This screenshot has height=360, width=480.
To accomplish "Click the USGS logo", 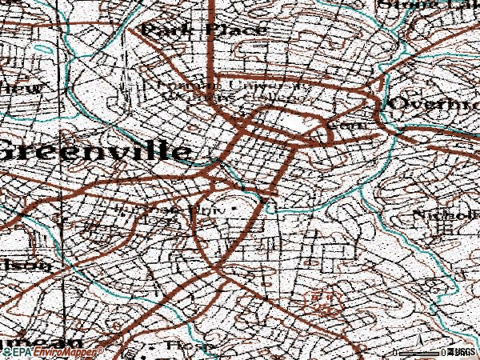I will pyautogui.click(x=462, y=351).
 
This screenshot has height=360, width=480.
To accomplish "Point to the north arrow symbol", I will pyautogui.click(x=421, y=345).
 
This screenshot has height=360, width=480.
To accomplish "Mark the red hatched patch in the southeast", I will pyautogui.click(x=320, y=302).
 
